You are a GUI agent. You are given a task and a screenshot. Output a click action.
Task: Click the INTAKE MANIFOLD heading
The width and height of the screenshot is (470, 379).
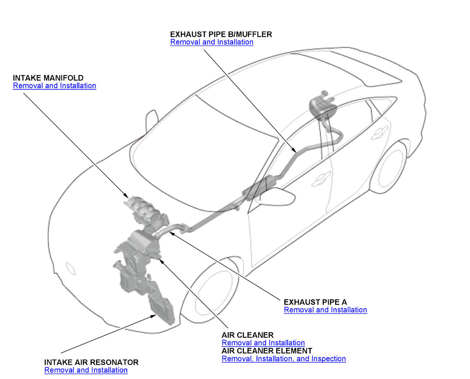tap(48, 78)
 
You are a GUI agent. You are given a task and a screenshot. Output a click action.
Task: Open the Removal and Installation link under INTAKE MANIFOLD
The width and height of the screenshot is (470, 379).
tap(54, 86)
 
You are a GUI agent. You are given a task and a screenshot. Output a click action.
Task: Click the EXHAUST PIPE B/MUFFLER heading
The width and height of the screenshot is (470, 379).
tap(221, 35)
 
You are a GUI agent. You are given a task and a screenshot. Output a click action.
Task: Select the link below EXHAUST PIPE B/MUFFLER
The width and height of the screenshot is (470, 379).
tap(211, 42)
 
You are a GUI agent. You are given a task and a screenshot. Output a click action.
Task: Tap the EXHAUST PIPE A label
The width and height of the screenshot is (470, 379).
tap(315, 302)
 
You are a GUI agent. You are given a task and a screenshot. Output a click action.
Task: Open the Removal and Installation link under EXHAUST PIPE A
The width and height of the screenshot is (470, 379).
tap(325, 310)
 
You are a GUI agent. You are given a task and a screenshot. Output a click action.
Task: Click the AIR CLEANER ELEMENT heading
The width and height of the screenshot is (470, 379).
tap(267, 351)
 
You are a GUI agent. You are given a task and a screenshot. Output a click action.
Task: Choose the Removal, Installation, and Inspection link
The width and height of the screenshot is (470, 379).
tap(284, 359)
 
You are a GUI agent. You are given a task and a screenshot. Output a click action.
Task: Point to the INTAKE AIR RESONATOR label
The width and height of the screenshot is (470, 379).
tap(91, 362)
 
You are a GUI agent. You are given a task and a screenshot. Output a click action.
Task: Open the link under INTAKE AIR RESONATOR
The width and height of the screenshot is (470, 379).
tap(86, 370)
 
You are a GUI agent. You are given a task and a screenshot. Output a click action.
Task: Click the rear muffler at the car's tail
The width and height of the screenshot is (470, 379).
tap(322, 107)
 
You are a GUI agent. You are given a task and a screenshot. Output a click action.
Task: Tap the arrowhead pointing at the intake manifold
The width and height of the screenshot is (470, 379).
tap(126, 195)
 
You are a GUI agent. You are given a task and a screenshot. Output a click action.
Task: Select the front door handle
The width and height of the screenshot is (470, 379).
tap(321, 179)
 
